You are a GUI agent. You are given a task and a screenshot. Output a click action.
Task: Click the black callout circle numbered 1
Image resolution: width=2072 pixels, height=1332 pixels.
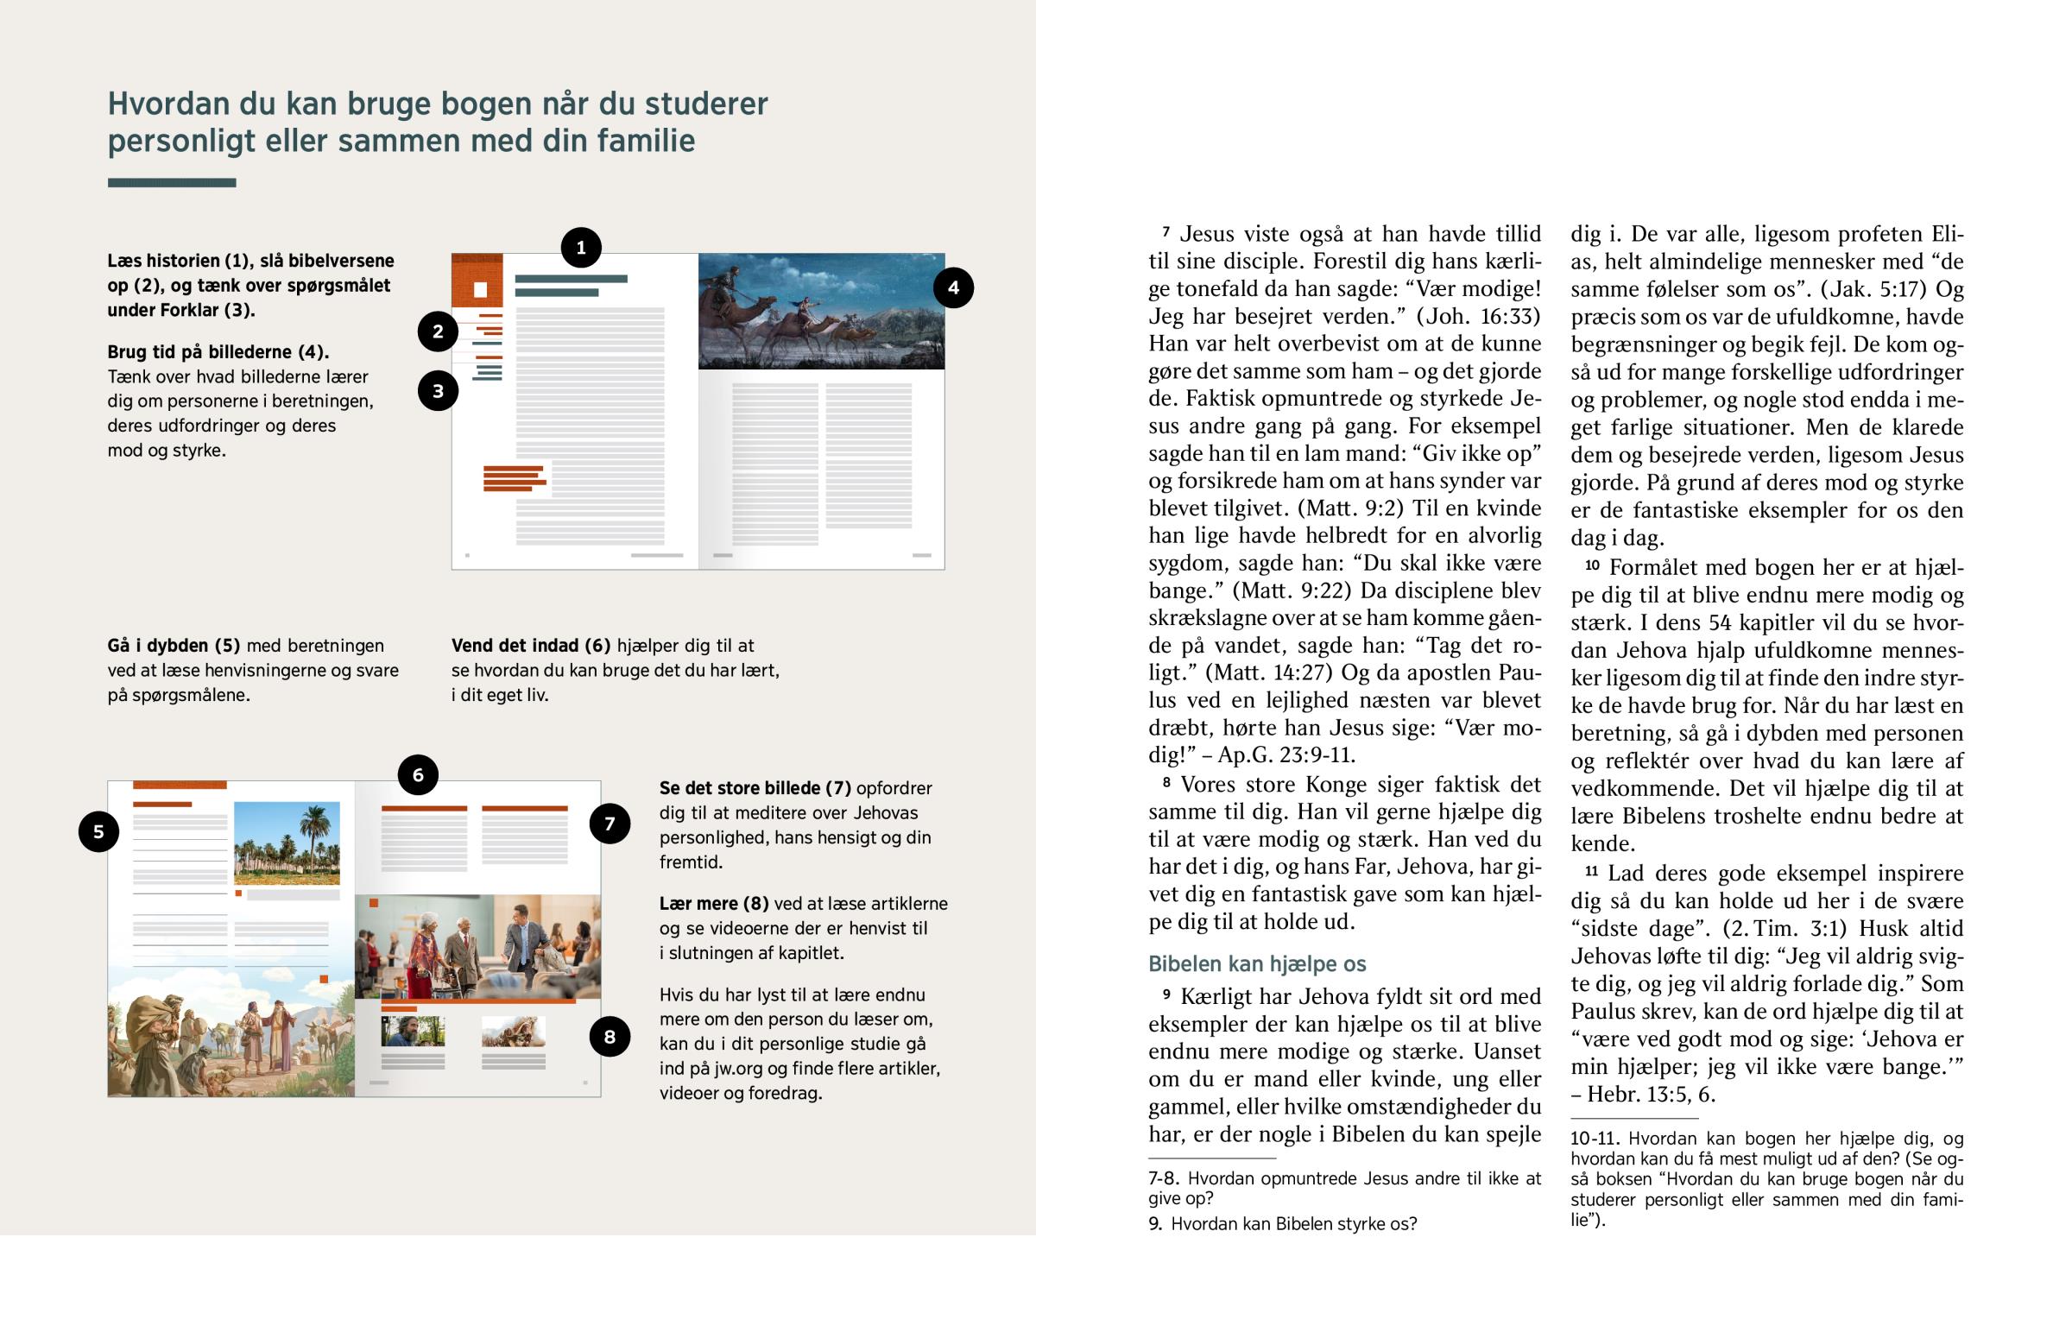pos(580,248)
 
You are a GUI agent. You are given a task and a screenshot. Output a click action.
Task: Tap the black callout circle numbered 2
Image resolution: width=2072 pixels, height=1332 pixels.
pos(438,331)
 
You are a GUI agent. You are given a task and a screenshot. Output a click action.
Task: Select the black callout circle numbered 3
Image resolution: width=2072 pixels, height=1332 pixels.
pos(438,391)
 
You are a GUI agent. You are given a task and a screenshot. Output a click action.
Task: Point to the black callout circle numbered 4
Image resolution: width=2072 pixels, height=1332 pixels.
pos(953,287)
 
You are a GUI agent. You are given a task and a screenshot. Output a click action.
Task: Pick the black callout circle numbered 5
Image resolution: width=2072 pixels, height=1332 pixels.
pos(98,831)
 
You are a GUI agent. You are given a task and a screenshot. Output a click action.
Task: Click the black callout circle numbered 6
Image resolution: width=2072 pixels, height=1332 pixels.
pos(418,774)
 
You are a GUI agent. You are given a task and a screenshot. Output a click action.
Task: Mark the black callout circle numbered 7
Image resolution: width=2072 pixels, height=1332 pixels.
pos(610,824)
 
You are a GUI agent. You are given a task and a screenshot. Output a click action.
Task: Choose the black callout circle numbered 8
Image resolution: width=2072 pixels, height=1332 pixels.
pos(610,1036)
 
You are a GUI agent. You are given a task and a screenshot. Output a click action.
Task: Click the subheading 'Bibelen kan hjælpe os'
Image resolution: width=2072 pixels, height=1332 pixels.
pos(1256,963)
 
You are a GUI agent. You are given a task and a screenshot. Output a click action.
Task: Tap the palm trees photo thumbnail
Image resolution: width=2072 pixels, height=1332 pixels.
pos(287,843)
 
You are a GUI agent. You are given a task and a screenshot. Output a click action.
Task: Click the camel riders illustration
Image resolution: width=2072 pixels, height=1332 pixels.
pos(821,311)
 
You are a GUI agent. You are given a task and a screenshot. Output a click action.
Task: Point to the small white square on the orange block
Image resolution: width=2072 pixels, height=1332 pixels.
pos(481,290)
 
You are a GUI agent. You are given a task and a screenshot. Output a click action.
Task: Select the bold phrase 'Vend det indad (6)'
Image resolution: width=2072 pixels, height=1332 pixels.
pos(531,645)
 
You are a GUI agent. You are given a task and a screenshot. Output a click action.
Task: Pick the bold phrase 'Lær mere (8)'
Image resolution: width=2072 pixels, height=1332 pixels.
pos(713,903)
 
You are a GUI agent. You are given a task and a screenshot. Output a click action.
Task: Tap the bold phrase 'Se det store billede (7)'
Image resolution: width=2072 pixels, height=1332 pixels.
pos(754,788)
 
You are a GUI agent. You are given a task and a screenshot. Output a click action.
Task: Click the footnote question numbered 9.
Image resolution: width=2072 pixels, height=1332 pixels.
pos(1282,1223)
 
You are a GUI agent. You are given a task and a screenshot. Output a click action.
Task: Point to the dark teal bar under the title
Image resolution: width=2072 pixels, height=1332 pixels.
pos(171,182)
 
